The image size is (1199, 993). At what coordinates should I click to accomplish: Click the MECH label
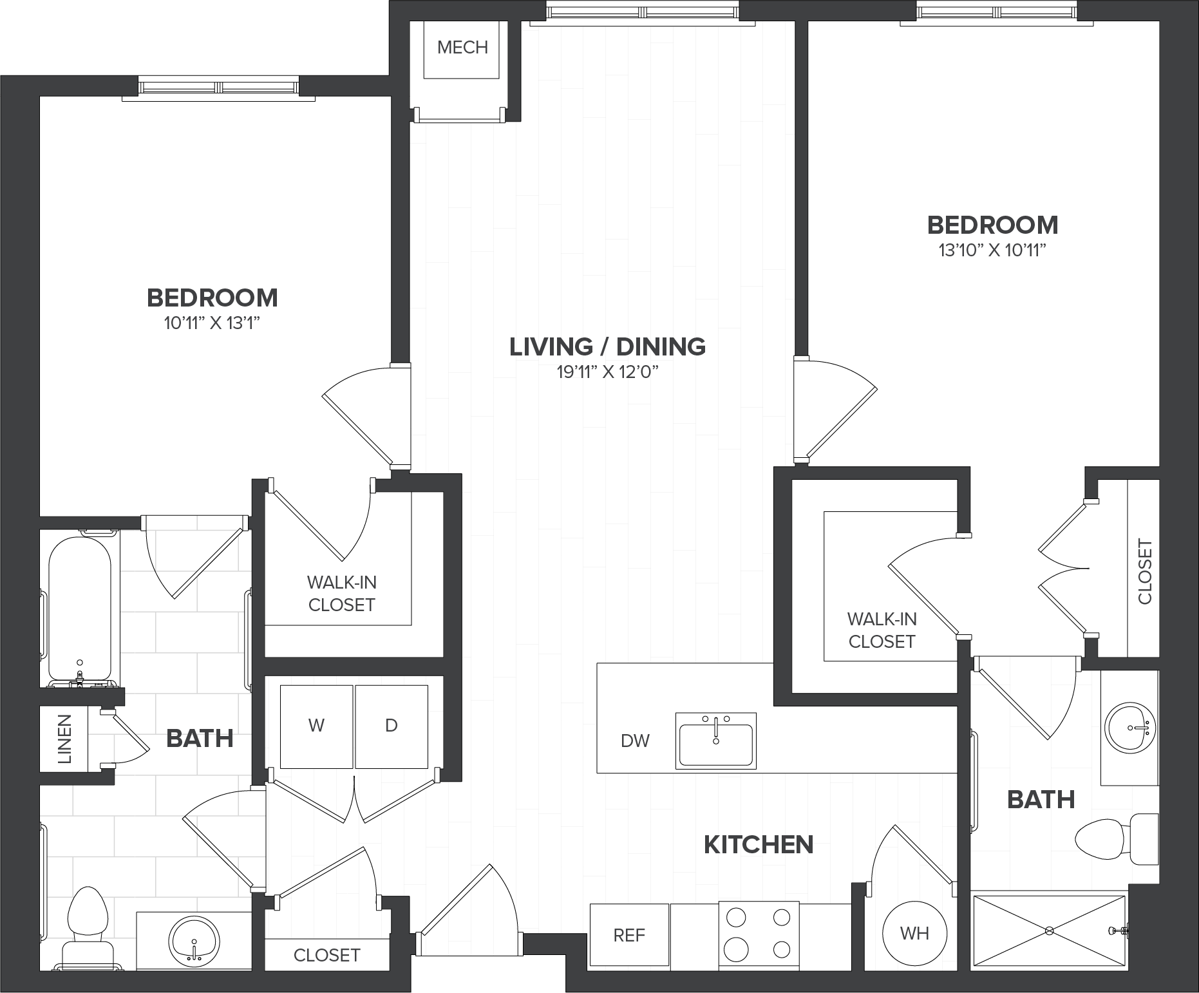(x=462, y=47)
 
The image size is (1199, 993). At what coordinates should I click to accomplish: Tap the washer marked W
(x=316, y=726)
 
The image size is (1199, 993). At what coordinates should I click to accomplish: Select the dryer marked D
(x=392, y=726)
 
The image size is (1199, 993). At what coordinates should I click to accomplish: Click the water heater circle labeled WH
(x=914, y=933)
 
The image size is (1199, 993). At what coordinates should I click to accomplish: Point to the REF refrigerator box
(x=629, y=935)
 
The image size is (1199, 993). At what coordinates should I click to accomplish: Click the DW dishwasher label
(x=635, y=741)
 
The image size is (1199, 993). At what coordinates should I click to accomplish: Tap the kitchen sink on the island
(x=715, y=741)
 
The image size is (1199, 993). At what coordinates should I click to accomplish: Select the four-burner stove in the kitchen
(x=759, y=934)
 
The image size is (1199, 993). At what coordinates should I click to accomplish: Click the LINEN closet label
(x=65, y=739)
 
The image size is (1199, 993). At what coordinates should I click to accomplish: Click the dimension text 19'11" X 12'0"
(x=608, y=372)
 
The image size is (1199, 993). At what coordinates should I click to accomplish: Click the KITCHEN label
(x=759, y=844)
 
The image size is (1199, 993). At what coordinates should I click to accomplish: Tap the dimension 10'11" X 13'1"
(x=212, y=323)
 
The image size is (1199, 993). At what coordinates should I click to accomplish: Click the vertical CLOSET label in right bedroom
(x=1145, y=572)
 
